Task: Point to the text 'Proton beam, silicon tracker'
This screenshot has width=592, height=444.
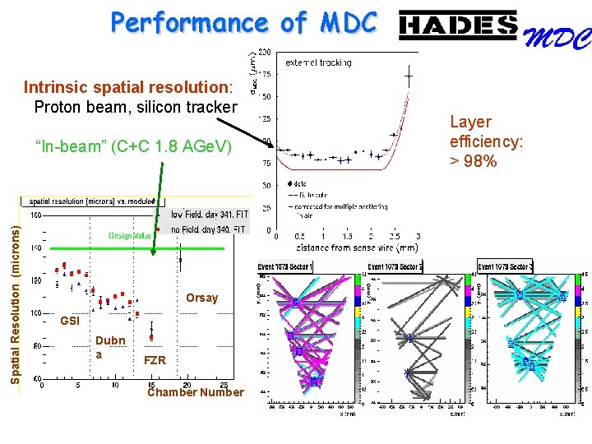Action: [x=136, y=106]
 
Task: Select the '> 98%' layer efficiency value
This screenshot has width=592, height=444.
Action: [x=474, y=161]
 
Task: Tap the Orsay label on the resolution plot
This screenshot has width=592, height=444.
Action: [x=201, y=298]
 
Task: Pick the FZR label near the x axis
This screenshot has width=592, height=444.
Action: [x=155, y=361]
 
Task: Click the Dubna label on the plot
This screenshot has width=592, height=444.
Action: [x=110, y=346]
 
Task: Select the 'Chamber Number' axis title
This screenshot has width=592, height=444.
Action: [x=195, y=392]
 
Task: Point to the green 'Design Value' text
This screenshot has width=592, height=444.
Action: [x=131, y=236]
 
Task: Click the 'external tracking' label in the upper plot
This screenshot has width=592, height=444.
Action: [x=318, y=62]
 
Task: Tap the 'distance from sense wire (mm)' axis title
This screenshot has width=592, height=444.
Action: [x=347, y=247]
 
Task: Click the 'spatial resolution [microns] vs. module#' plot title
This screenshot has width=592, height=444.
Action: [x=92, y=201]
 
